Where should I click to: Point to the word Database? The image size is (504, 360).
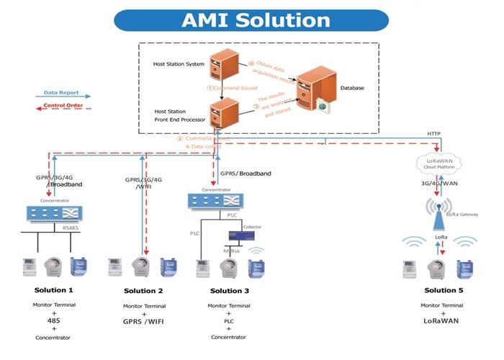coord(352,89)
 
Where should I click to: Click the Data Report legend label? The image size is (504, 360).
coord(61,93)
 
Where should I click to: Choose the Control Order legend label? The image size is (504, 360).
coord(63,106)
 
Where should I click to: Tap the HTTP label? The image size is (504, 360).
coord(433,133)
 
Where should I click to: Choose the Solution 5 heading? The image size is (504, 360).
coord(440,290)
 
